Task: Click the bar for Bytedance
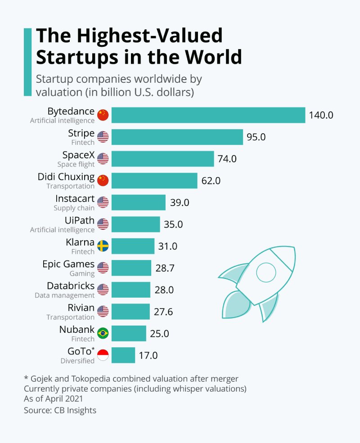[208, 115]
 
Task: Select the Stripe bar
[177, 137]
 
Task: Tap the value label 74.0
[227, 159]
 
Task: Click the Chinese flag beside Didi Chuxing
[103, 180]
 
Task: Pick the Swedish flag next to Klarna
[103, 246]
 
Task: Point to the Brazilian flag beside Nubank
[103, 333]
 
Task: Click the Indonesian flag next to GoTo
[103, 355]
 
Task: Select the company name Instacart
[75, 198]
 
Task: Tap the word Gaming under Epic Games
[82, 273]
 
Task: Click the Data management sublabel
[65, 295]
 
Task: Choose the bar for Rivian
[130, 311]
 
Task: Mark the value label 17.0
[148, 355]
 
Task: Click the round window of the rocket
[265, 272]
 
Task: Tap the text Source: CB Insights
[60, 410]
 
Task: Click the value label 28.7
[165, 268]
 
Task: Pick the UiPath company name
[80, 220]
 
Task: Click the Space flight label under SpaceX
[76, 165]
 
